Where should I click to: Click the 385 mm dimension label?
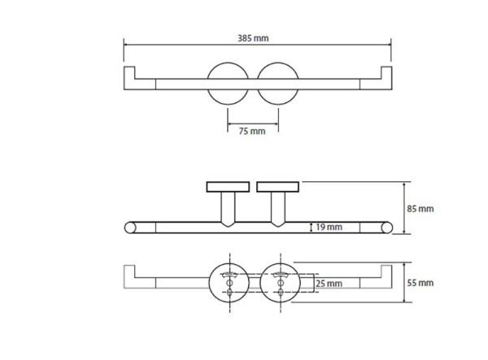253,38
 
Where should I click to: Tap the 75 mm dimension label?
252,131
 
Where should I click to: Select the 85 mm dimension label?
420,209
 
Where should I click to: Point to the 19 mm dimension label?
329,227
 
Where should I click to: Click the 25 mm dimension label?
329,284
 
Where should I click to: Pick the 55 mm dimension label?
420,283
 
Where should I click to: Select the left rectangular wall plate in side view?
228,187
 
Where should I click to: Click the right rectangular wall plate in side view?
278,187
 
